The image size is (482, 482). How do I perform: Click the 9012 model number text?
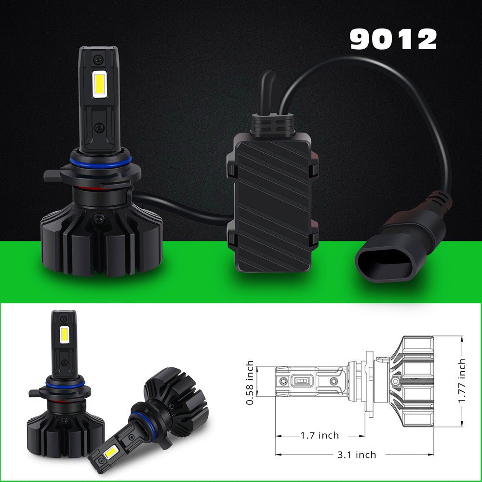point(393,40)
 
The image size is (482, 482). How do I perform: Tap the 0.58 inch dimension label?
point(250,383)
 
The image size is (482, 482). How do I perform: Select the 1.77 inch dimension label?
point(462,381)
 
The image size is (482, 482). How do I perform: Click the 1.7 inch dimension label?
point(320,435)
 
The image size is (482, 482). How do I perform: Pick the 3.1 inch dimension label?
point(357,455)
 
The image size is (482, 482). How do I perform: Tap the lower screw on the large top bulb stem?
point(99,127)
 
